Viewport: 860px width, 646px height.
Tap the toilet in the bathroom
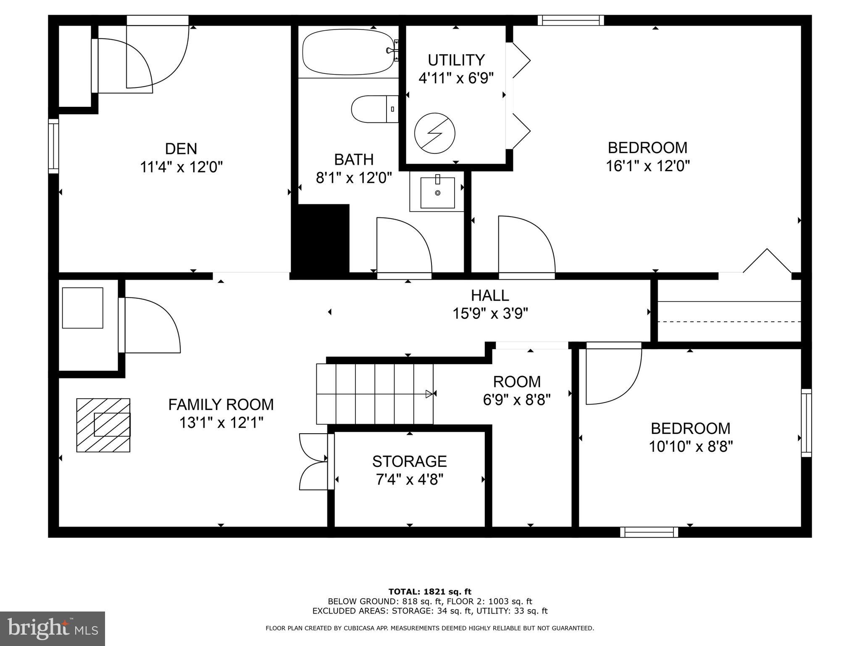(374, 109)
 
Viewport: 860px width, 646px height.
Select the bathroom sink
(437, 193)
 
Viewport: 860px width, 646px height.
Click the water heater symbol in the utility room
(434, 133)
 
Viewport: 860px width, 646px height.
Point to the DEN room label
(181, 149)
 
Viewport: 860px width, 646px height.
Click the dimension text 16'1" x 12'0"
(647, 166)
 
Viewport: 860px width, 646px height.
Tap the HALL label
(490, 296)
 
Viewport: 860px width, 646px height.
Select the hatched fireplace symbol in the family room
(103, 425)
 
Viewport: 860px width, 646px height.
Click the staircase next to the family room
(374, 394)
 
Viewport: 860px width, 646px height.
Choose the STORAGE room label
(409, 462)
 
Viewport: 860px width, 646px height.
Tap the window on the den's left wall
(53, 146)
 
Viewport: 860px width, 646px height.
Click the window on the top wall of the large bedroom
(571, 20)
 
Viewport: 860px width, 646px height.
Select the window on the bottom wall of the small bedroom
(649, 532)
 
